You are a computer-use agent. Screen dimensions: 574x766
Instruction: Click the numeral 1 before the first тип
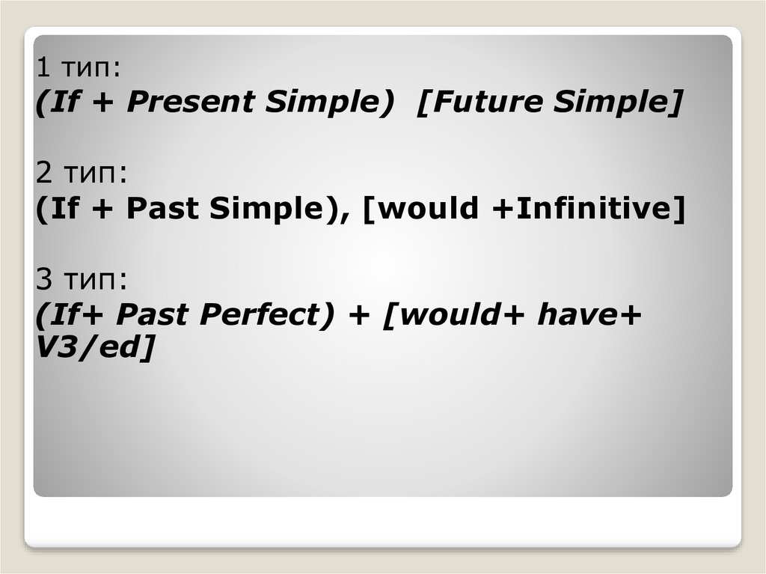43,69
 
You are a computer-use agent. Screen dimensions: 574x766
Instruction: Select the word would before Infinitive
426,209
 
